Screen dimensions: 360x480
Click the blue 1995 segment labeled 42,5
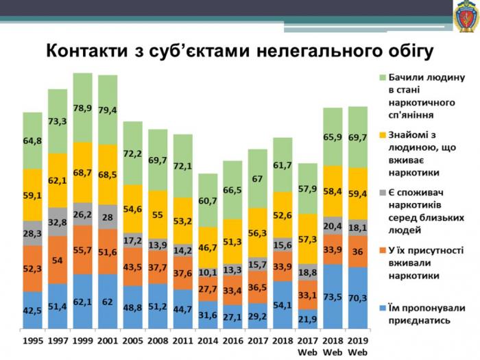[x=32, y=310]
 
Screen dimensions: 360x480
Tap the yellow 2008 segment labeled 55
[x=157, y=214]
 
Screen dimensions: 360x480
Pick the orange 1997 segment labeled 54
[x=58, y=261]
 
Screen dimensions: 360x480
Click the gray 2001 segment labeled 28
[x=108, y=217]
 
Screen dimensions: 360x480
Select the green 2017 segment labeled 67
[x=257, y=178]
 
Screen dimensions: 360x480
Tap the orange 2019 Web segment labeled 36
[x=357, y=252]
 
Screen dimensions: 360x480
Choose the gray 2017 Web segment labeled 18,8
[x=307, y=272]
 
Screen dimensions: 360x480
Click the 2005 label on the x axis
[x=132, y=339]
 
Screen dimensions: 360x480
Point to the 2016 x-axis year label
[x=232, y=339]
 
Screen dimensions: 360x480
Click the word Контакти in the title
[x=87, y=51]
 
